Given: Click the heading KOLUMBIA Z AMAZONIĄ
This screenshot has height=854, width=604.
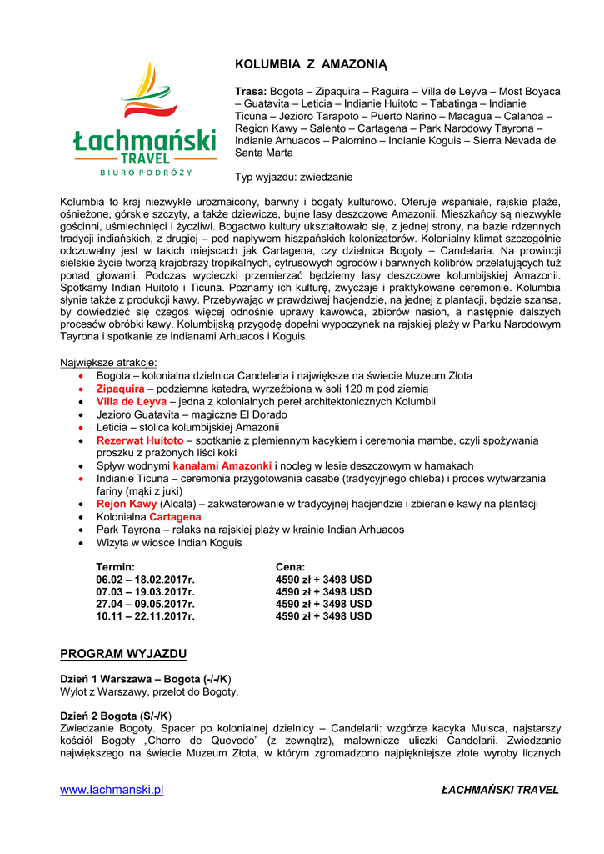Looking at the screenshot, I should point(312,64).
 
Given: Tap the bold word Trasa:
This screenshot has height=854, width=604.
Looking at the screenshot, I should point(251,91).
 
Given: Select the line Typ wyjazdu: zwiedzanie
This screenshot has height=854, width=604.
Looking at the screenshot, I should point(293,177).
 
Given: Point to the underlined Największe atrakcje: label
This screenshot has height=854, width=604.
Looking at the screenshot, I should point(108,363).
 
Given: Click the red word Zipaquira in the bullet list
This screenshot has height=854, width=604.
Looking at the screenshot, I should point(120,389).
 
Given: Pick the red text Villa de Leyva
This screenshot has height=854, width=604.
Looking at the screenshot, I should point(131,401).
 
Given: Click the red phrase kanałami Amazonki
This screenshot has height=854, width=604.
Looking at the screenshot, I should point(222,465).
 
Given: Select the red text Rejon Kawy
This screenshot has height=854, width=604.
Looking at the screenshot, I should point(127,504).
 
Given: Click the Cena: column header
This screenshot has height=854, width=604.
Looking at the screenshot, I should point(290,567).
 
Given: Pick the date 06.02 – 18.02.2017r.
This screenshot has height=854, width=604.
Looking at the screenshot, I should point(145,580).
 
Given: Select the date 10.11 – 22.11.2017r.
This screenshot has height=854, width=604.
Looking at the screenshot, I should point(145,616).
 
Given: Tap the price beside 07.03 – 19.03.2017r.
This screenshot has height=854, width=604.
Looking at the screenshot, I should point(323,592).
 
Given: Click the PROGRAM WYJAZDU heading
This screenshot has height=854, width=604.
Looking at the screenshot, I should point(123,653).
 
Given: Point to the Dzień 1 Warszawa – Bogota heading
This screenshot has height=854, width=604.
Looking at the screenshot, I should point(145,679).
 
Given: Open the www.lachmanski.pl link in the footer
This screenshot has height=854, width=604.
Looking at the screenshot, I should point(112,790).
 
